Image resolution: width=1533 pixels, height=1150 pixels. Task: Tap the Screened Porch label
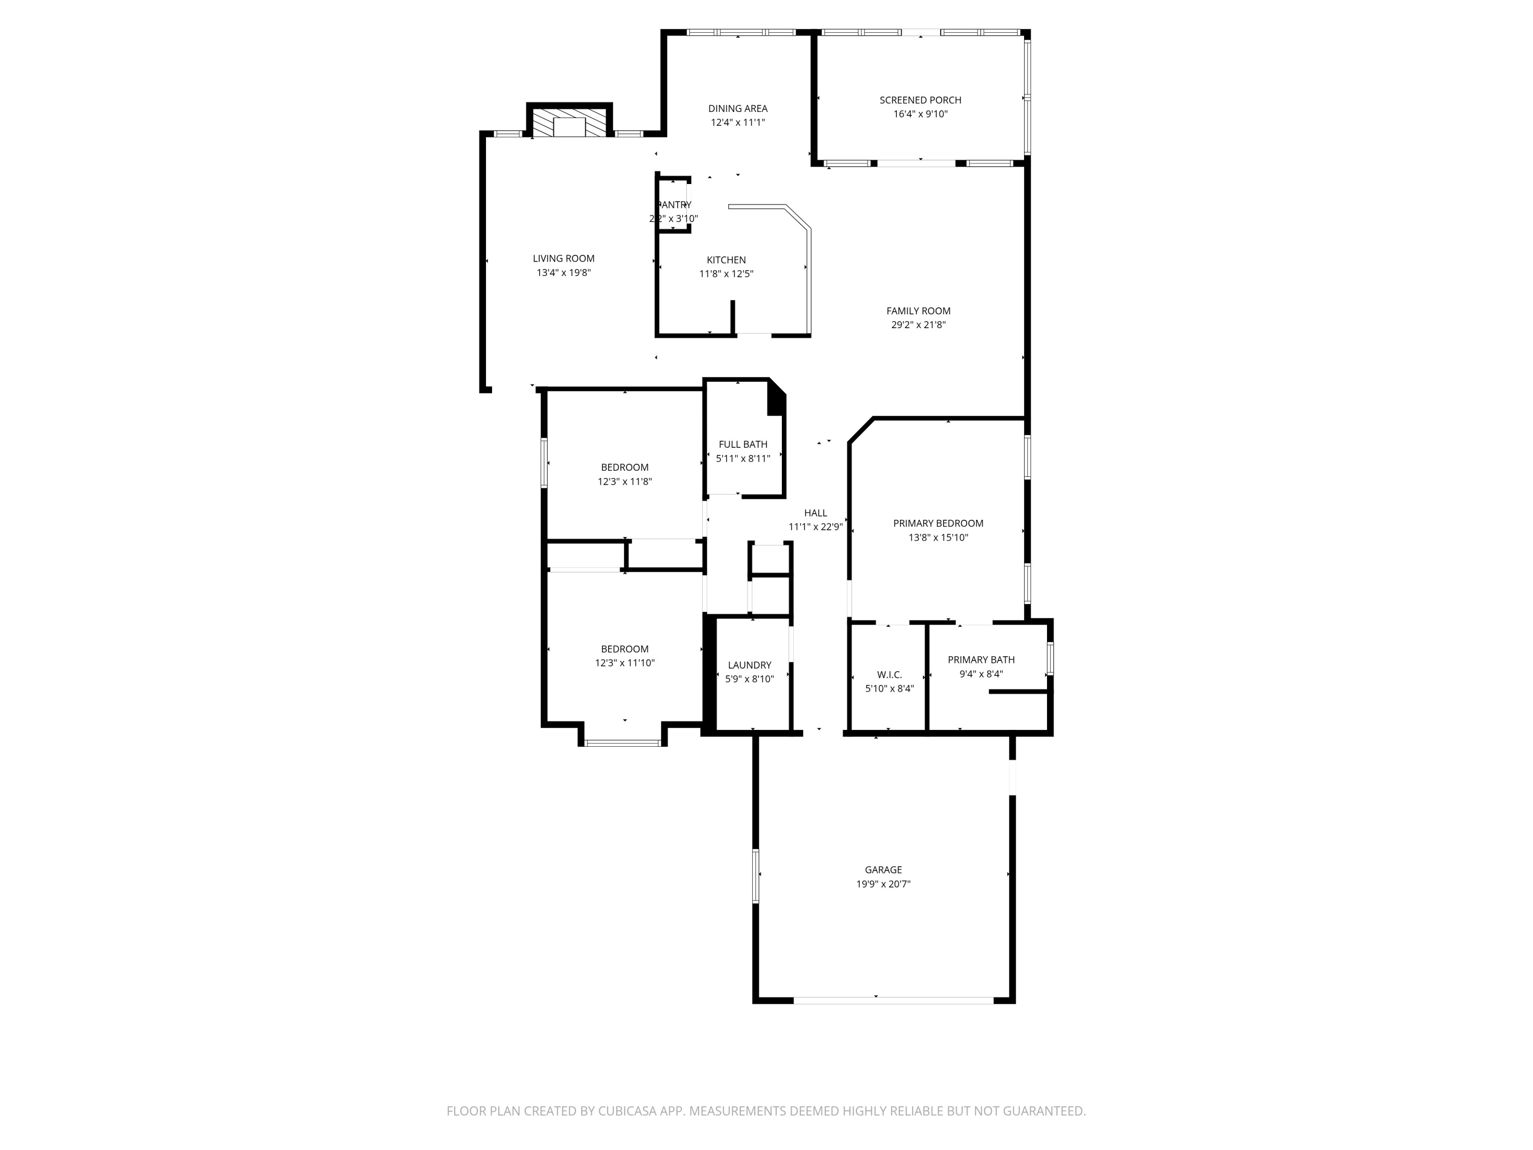click(920, 100)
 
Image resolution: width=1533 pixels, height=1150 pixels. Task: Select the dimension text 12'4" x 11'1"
click(737, 123)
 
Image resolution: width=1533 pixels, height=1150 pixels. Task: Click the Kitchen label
click(726, 260)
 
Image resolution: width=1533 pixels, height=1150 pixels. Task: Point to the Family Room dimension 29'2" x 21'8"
click(918, 325)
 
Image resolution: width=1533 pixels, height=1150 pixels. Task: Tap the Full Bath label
click(742, 444)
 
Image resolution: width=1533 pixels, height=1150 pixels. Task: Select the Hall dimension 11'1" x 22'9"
click(815, 527)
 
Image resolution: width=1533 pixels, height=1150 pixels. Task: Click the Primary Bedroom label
click(938, 523)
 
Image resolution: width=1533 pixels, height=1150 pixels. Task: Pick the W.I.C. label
click(889, 675)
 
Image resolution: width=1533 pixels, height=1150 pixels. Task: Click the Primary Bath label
click(981, 660)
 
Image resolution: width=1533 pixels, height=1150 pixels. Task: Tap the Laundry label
click(749, 665)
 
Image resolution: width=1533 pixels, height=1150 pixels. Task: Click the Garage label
click(883, 869)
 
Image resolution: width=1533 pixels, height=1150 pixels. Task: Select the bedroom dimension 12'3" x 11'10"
click(624, 663)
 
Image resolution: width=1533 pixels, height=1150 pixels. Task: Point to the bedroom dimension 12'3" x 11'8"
click(624, 481)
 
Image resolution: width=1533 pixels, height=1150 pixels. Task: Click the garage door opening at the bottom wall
click(893, 1000)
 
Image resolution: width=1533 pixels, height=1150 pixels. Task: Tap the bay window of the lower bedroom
click(622, 743)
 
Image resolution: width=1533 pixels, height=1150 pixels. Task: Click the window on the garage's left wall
click(755, 876)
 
